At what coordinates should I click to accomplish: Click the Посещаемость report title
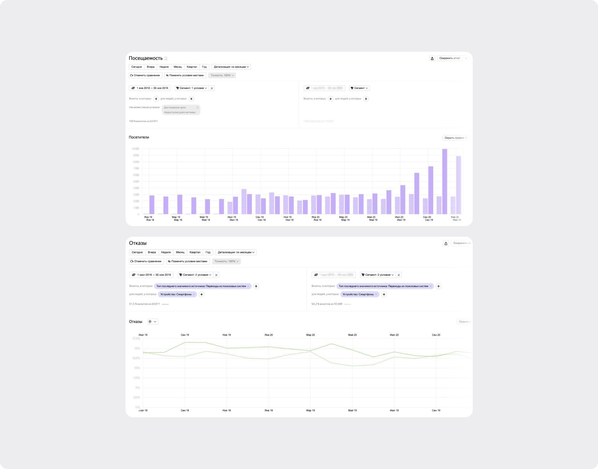(146, 58)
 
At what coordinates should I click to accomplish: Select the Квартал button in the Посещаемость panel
(192, 67)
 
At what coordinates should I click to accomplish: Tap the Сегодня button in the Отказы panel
(137, 252)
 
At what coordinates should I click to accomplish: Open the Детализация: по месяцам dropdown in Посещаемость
(231, 67)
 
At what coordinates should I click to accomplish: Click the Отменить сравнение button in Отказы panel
(146, 261)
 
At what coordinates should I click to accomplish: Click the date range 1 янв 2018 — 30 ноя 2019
(150, 88)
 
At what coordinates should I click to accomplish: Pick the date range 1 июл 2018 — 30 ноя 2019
(151, 275)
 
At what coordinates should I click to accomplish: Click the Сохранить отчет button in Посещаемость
(449, 58)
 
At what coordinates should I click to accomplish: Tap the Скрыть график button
(455, 138)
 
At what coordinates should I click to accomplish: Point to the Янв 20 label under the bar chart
(316, 217)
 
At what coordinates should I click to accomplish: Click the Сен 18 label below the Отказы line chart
(185, 411)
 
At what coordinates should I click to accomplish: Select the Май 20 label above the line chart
(352, 335)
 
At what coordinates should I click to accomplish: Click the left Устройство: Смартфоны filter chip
(176, 294)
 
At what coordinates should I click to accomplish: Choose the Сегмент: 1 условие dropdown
(191, 88)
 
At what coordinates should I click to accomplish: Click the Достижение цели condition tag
(175, 108)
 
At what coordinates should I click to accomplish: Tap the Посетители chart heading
(139, 137)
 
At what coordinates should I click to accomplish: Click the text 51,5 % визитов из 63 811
(145, 304)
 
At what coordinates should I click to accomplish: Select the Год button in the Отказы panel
(208, 252)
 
